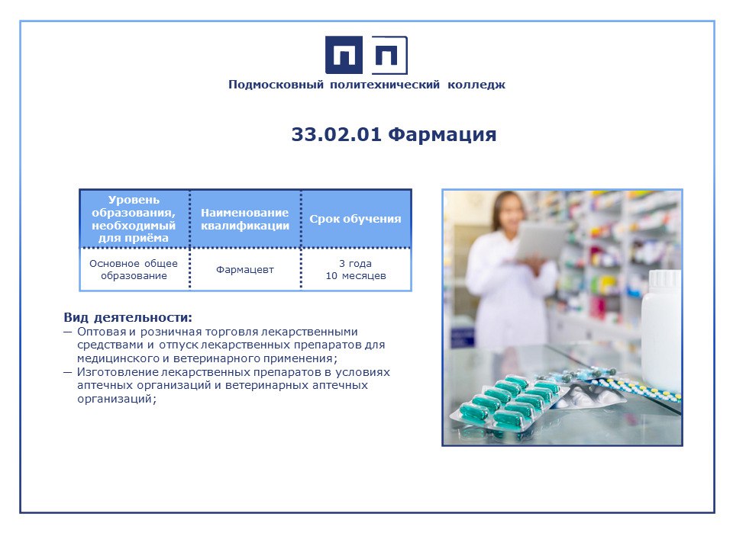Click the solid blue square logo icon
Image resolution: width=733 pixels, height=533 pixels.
tap(344, 55)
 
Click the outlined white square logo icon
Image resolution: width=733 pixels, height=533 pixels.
tap(389, 55)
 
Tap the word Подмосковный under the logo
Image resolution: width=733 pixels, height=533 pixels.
tap(276, 85)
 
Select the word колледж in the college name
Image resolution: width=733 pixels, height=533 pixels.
tap(476, 85)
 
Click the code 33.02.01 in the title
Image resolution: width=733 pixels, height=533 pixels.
tap(337, 134)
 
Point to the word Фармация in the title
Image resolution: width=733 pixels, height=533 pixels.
tap(442, 134)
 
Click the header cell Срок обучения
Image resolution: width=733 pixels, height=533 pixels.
tap(355, 219)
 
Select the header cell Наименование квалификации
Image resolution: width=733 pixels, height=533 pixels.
tap(245, 219)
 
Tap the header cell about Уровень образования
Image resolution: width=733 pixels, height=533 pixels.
tap(134, 219)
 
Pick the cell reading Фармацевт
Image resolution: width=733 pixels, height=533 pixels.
tap(245, 270)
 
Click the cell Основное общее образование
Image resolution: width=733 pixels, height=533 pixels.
tap(134, 270)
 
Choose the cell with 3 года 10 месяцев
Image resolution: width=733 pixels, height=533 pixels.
tap(356, 270)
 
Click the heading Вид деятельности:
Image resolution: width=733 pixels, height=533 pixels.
tap(128, 318)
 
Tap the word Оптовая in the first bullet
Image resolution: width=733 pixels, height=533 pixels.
tap(102, 332)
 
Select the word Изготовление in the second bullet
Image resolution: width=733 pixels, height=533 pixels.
tap(118, 372)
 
